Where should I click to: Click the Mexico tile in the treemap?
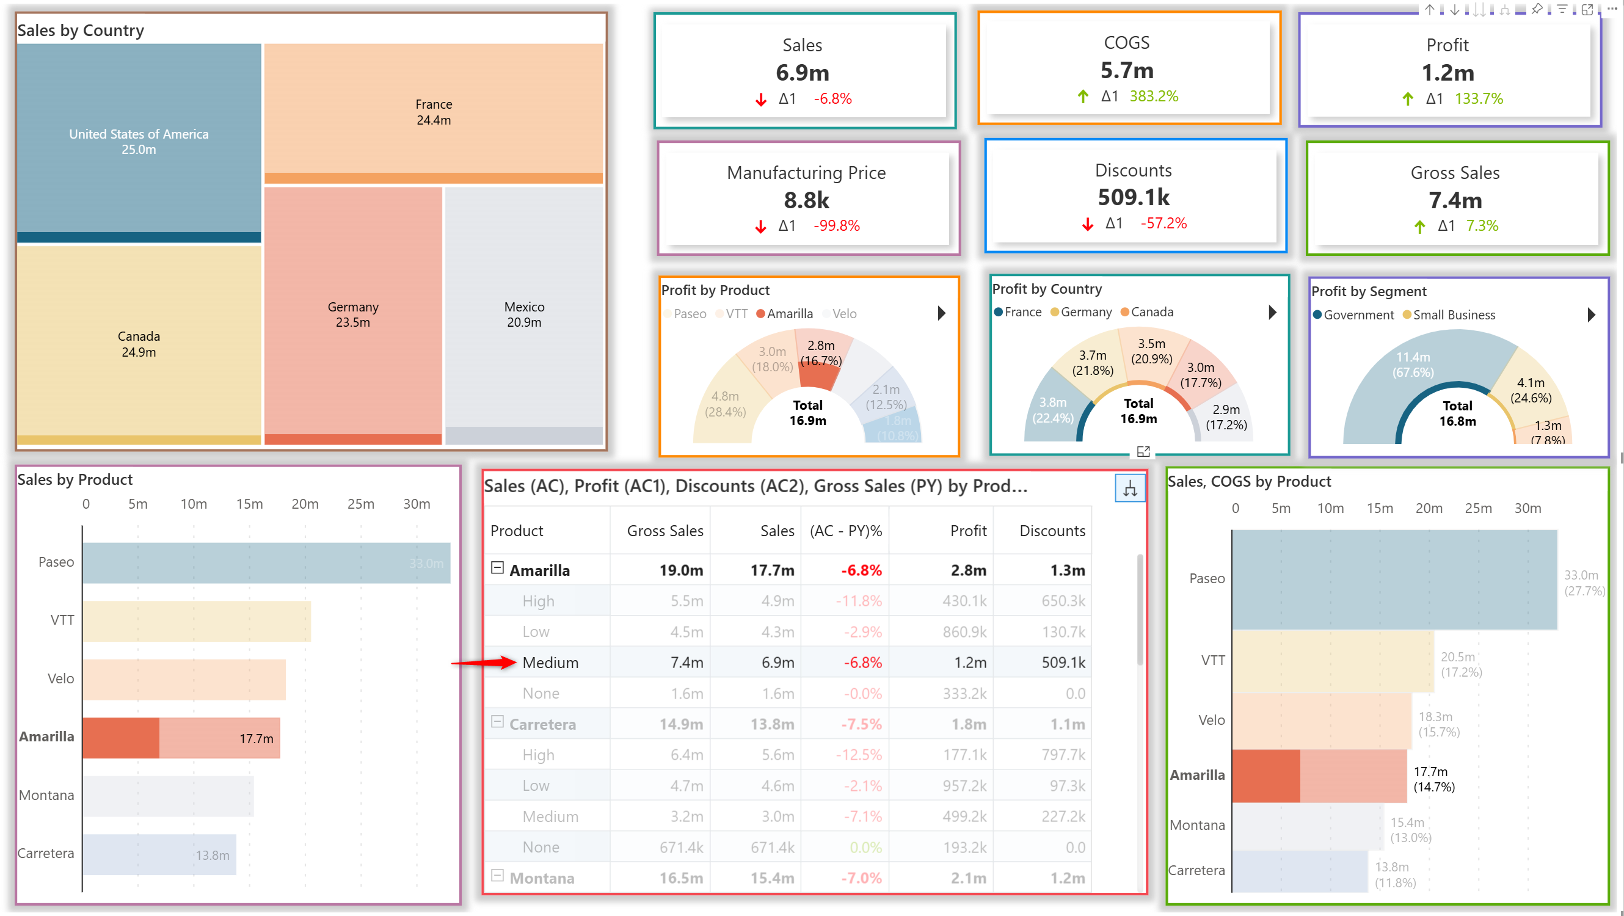coord(524,314)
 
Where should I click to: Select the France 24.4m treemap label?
coord(434,112)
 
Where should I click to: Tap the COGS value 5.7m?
coord(1127,71)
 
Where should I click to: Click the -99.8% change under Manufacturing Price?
coord(836,226)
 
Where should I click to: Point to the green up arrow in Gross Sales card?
coord(1419,227)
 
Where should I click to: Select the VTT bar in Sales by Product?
coord(196,621)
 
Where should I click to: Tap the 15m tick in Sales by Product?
coord(249,504)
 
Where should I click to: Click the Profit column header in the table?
coord(967,531)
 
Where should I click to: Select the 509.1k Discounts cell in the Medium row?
coord(1063,663)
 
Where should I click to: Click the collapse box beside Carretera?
coord(497,722)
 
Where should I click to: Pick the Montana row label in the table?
coord(542,878)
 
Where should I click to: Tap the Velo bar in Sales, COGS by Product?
coord(1321,721)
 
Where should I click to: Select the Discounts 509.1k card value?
coord(1133,197)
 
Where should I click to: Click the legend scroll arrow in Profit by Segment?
coord(1590,314)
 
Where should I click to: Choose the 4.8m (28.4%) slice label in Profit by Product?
coord(725,404)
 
